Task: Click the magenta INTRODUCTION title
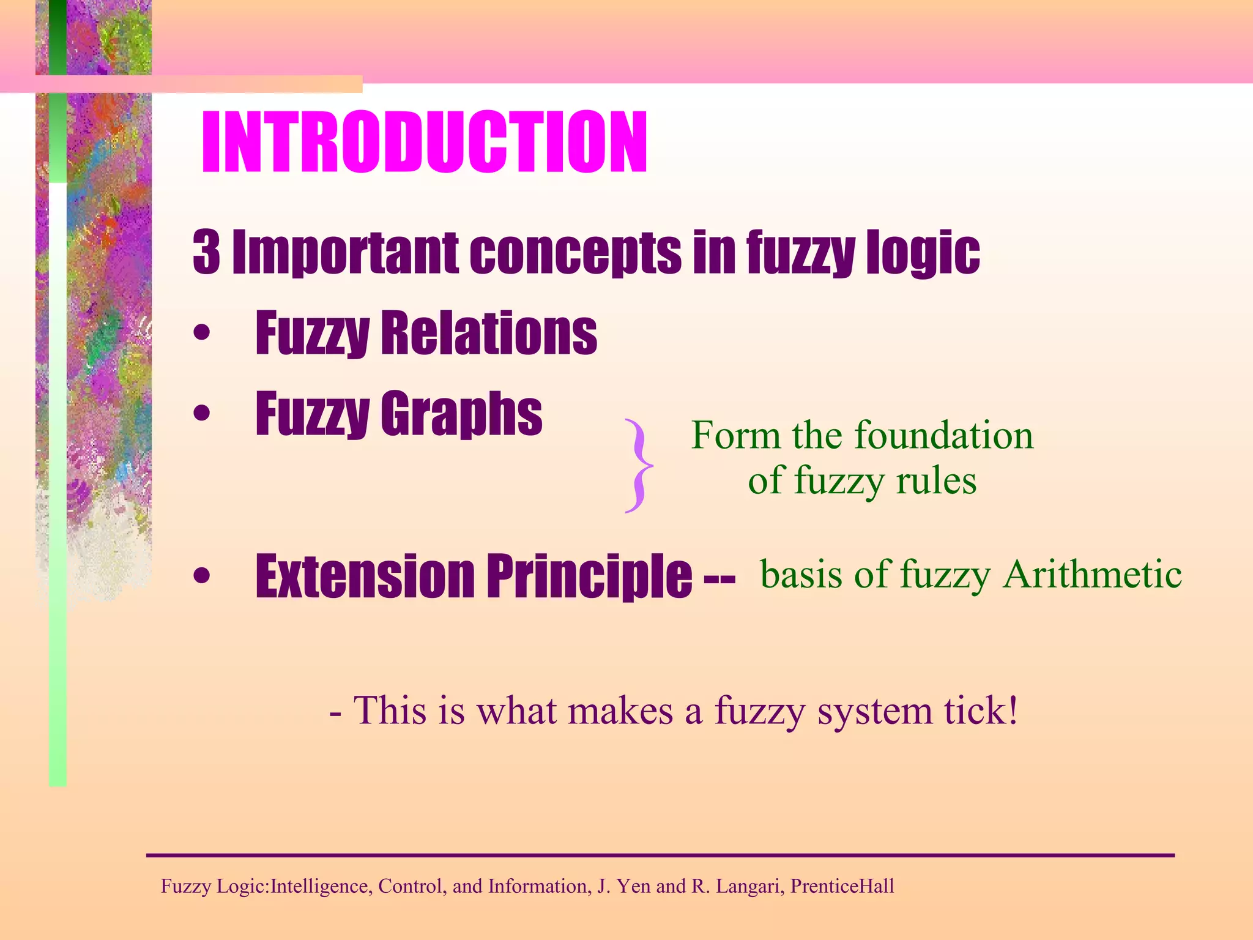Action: tap(424, 143)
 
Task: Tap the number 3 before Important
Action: tap(206, 252)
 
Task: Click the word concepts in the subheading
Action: tap(575, 252)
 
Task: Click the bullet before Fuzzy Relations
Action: tap(201, 334)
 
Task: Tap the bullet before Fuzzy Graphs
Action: tap(201, 414)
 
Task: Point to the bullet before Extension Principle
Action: tap(201, 576)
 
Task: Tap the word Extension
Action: tap(365, 576)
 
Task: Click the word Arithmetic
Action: tap(1092, 575)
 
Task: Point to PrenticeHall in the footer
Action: tap(842, 886)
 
